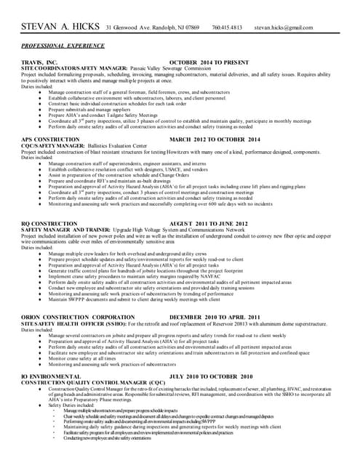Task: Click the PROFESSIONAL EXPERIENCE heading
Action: point(64,45)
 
